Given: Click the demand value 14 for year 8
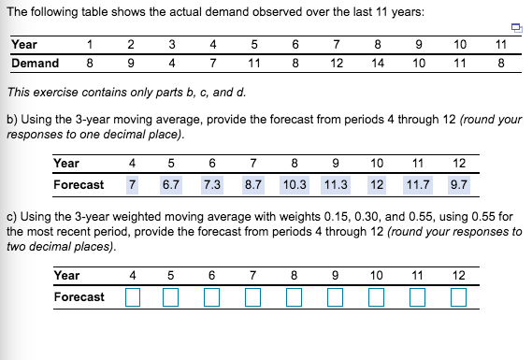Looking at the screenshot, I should click(x=378, y=64).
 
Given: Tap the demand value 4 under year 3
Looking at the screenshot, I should click(x=172, y=64).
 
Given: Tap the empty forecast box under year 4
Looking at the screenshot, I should click(x=132, y=298).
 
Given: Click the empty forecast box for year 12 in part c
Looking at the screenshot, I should click(x=459, y=298).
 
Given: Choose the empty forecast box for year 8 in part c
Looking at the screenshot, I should click(x=295, y=298).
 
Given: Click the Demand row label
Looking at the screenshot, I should click(x=35, y=64).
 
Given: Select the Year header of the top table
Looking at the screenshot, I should click(x=24, y=44).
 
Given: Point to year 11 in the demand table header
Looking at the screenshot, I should click(x=501, y=44).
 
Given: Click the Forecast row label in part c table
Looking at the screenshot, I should click(x=79, y=296).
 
